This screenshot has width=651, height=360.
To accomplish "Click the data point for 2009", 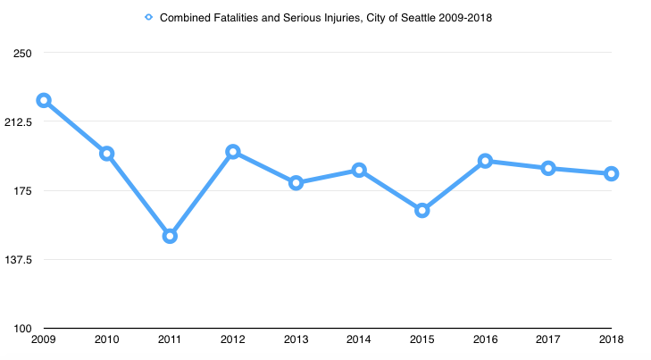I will pos(43,101).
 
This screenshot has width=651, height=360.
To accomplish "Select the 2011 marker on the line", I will pos(170,236).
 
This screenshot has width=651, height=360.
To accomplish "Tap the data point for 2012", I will pos(233,152).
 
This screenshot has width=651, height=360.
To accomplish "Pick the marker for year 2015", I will pos(422,210).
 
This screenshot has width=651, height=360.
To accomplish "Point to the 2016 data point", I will pos(485,161).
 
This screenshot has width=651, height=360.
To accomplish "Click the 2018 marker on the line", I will pos(612,173).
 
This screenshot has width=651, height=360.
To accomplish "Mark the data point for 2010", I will pos(106,154).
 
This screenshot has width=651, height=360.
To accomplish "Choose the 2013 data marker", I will pos(296,182).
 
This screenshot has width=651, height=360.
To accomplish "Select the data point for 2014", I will pos(359,170).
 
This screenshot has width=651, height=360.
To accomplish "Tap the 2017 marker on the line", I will pos(548,168).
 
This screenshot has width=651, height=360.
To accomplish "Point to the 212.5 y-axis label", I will pos(20,121).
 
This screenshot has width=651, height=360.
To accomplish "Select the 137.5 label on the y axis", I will pos(20,260).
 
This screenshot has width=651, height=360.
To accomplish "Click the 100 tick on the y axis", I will pos(23,329).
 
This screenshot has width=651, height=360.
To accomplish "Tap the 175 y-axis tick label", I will pos(23,191).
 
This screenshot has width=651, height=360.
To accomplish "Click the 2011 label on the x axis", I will pos(170,339).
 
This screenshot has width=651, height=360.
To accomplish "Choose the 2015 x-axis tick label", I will pos(422,339).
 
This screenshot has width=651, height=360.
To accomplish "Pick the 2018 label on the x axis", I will pos(612,339).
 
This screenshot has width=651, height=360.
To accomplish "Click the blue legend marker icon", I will pos(149,17).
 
